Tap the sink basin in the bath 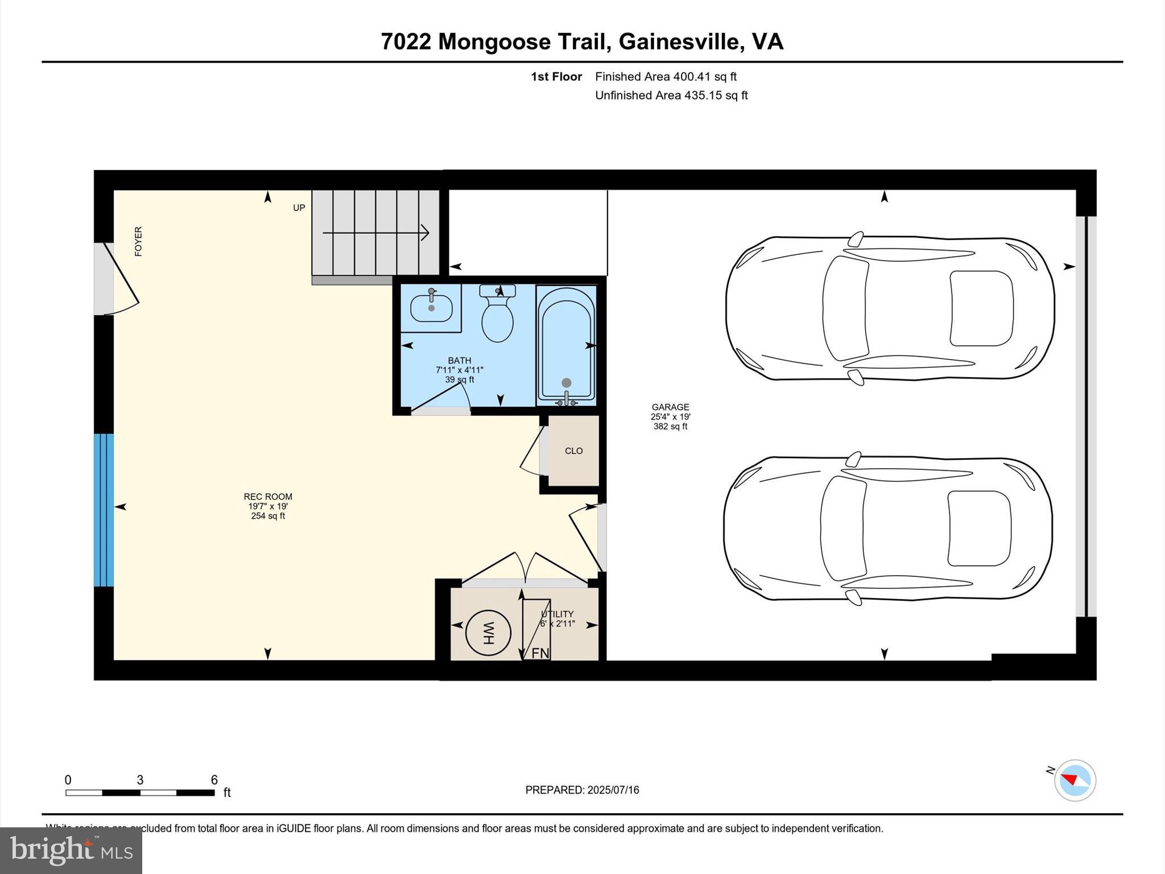[x=431, y=308]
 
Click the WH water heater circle [x=488, y=633]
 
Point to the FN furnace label [x=540, y=653]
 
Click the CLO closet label [x=573, y=451]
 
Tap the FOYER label [x=138, y=241]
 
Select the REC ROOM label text [x=268, y=497]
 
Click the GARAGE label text [x=670, y=407]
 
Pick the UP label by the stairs [x=299, y=208]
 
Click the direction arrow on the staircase [x=376, y=233]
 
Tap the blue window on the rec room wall [x=104, y=510]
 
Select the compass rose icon [x=1075, y=780]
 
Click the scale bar [x=140, y=792]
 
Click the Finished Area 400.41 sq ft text [x=666, y=76]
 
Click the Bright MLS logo [x=71, y=850]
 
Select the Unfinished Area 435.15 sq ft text [x=671, y=95]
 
